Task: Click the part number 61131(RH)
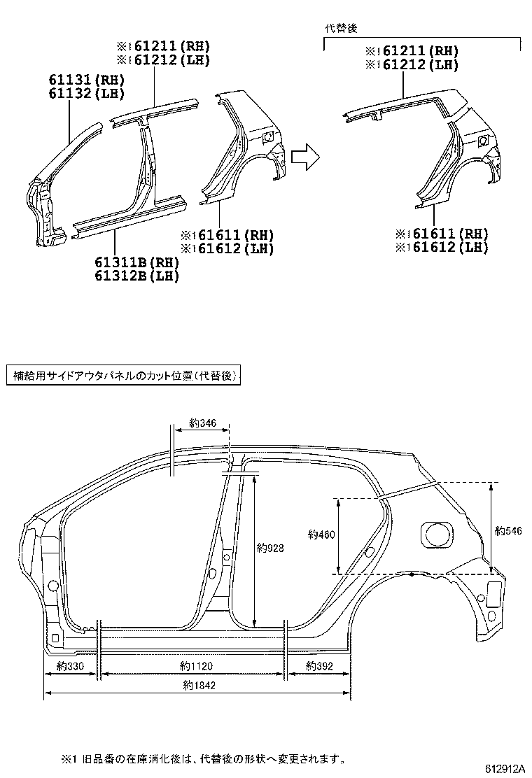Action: (87, 80)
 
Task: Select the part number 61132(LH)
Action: (87, 93)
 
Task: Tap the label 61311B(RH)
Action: (138, 262)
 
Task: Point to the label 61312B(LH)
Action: (138, 276)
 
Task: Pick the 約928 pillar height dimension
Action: (269, 549)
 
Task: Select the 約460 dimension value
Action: (321, 535)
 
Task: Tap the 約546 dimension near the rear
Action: (508, 531)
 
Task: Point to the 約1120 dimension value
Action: (196, 666)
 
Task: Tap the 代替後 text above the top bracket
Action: (341, 28)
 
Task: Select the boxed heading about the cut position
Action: (123, 376)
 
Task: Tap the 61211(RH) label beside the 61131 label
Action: (164, 46)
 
